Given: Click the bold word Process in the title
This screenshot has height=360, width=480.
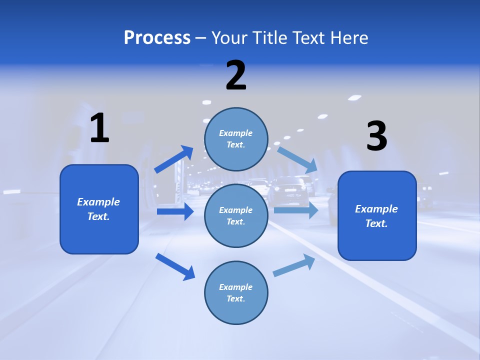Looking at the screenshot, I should coord(157,38).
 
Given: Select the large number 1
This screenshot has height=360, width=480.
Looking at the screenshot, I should coord(99,128).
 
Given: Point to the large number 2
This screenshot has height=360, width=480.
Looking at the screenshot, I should coord(236,75).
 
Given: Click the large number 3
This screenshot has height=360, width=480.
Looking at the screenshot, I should coord(376,136).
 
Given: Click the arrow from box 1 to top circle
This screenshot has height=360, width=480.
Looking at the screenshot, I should coord(174,159).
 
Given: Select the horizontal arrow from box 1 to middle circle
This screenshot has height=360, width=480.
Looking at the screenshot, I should coord(175,211).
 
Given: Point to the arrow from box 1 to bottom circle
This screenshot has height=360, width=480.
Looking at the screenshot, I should coord(175,266).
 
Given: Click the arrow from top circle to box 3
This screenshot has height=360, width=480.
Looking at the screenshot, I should coord(297,159).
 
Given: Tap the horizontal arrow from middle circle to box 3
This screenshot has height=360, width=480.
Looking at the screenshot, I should coord(295,210).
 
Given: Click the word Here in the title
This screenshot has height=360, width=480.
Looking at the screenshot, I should coord(350,38).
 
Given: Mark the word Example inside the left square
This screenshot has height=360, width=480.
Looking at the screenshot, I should coord(98,202).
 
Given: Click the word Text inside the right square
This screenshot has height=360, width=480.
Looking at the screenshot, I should coord(375,223).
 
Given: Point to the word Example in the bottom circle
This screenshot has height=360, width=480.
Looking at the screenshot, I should coord(235,287).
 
